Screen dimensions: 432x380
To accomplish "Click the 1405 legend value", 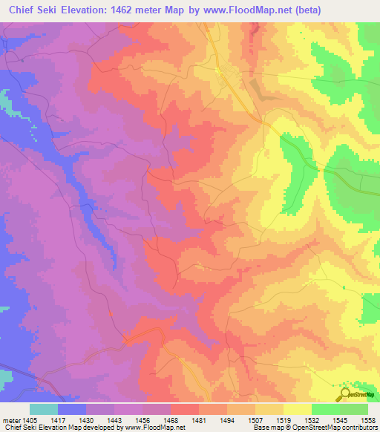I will pos(34,419).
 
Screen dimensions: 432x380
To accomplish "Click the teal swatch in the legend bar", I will pos(44,409).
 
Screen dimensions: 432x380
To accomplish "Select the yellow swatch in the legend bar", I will pos(298,409).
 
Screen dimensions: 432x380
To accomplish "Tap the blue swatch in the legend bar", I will pos(72,409).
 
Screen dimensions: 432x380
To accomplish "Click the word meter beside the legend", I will pos(11,419).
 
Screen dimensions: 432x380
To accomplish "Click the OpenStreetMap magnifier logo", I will pos(345,393).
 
